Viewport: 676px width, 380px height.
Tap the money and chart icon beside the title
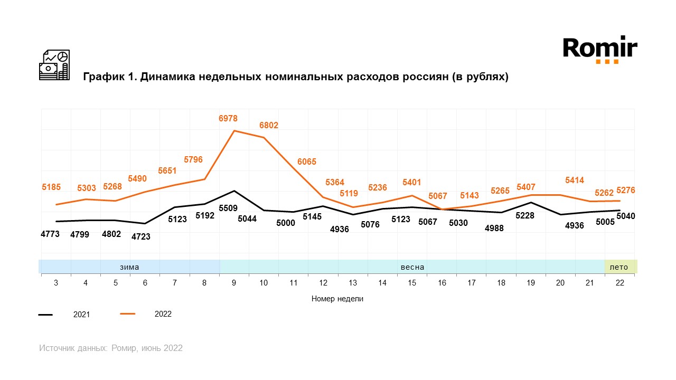(54, 65)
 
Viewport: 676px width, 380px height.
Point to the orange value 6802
(268, 126)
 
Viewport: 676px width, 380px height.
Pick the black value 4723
(140, 236)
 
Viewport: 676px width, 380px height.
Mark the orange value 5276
(625, 191)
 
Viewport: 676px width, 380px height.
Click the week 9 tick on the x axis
(234, 283)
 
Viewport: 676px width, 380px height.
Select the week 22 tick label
(619, 283)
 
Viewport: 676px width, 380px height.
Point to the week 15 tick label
(412, 283)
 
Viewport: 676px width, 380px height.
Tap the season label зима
(129, 267)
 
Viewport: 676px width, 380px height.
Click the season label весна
(412, 267)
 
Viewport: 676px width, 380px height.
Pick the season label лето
(619, 267)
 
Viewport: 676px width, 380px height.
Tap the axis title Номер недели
(337, 299)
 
